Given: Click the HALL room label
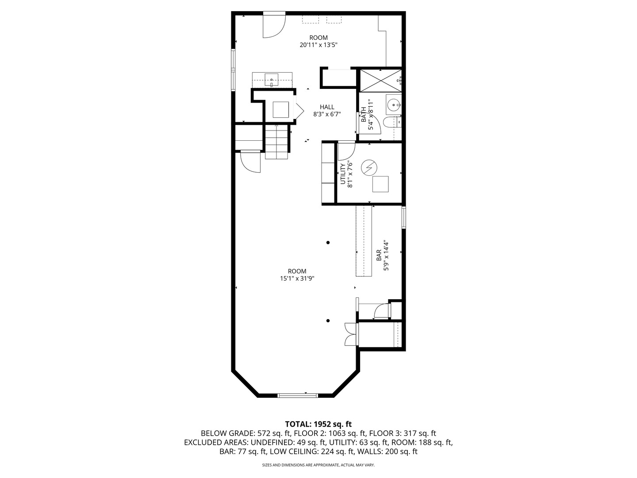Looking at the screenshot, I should (x=327, y=107).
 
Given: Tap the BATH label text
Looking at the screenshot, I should (x=364, y=115).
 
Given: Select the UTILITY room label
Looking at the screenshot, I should (x=342, y=174).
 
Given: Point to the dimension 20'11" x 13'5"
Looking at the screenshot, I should (x=318, y=45).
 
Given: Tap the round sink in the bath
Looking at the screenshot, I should (x=393, y=105).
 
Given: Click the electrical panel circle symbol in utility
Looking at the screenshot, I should (x=368, y=167).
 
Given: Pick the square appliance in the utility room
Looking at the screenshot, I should (x=380, y=184).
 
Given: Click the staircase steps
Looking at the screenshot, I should (x=276, y=142).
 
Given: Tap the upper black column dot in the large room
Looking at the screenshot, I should (x=328, y=243).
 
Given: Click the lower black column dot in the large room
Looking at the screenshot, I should (x=328, y=321).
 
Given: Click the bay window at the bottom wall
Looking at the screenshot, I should (x=297, y=394).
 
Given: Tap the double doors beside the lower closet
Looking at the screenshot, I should (x=350, y=334).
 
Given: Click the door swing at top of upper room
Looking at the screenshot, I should (x=273, y=26).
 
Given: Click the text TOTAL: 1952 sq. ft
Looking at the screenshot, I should (x=318, y=424).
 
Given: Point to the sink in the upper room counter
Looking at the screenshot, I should (x=271, y=81).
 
